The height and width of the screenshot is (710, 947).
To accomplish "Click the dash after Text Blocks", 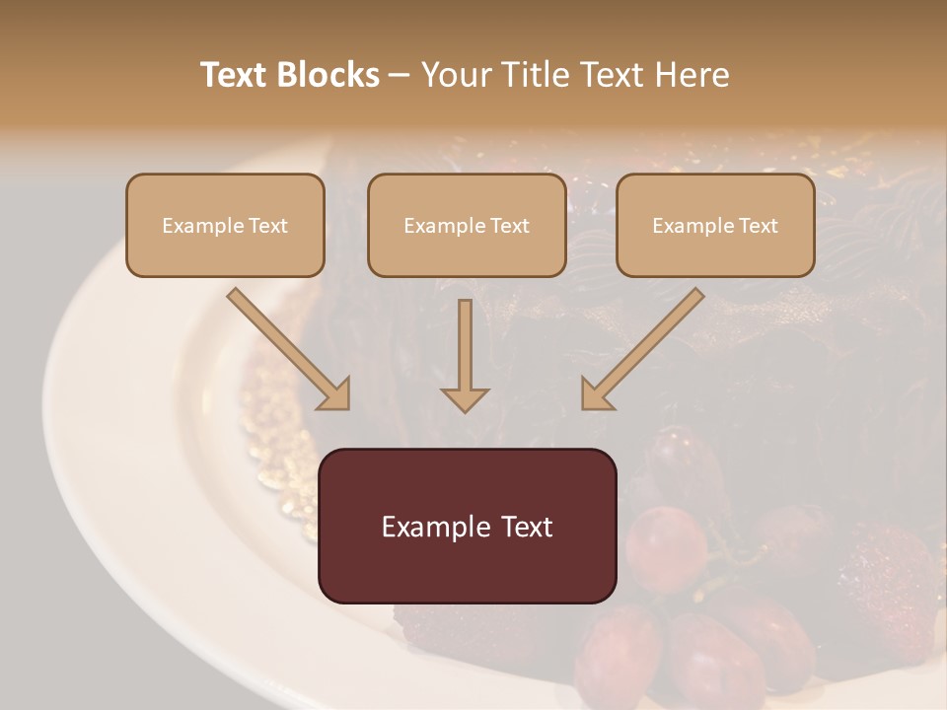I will (x=400, y=76).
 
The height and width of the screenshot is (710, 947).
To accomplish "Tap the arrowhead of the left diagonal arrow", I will (x=336, y=395).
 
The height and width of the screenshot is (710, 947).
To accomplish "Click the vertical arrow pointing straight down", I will (x=465, y=355).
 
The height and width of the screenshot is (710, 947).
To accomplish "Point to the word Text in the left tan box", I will (x=268, y=226).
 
